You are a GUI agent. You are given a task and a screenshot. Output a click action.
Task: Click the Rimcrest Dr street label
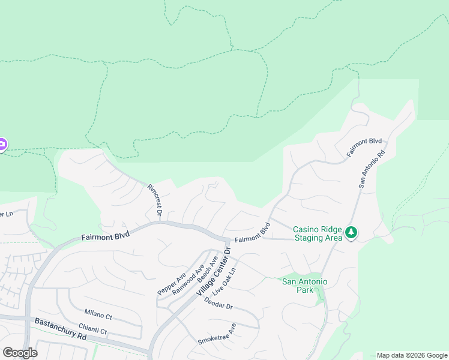pyautogui.click(x=155, y=199)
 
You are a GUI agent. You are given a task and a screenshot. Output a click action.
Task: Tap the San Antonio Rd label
pyautogui.click(x=372, y=170)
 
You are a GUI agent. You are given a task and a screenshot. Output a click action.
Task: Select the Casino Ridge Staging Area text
pyautogui.click(x=318, y=233)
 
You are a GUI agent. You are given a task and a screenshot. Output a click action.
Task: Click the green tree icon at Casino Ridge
pyautogui.click(x=351, y=232)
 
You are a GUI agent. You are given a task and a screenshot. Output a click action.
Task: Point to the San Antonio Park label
pyautogui.click(x=305, y=286)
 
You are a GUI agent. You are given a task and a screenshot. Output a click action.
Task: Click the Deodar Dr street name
pyautogui.click(x=218, y=302)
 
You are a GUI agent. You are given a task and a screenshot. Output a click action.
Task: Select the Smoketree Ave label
pyautogui.click(x=217, y=334)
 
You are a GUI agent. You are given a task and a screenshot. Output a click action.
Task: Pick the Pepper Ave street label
pyautogui.click(x=172, y=283)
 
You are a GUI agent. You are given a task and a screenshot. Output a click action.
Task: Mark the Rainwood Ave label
pyautogui.click(x=188, y=278)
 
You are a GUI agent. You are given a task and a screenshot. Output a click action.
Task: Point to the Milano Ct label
pyautogui.click(x=98, y=315)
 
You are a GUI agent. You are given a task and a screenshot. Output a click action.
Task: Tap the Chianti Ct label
pyautogui.click(x=92, y=330)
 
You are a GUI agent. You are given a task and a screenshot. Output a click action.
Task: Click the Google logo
pyautogui.click(x=20, y=353)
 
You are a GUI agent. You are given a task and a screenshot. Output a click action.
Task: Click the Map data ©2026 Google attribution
pyautogui.click(x=411, y=355)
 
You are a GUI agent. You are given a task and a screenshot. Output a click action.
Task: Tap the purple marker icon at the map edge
pyautogui.click(x=2, y=145)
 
